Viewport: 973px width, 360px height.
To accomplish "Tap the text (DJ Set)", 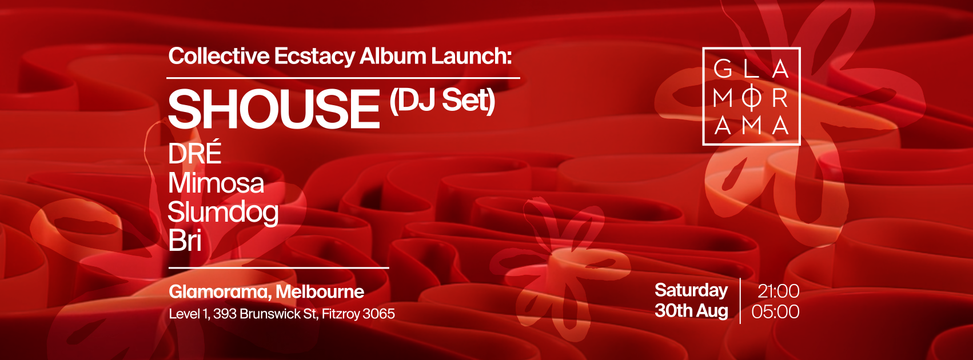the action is click(442, 101).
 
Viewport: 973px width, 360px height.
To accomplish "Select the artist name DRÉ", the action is click(194, 152).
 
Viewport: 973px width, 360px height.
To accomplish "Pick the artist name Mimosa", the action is click(216, 183).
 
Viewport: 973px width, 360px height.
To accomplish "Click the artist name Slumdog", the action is click(224, 213).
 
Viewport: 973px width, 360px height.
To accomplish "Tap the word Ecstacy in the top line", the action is click(314, 57).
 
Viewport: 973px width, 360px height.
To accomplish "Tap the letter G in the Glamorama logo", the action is click(723, 69).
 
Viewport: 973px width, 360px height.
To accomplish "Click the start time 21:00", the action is click(779, 291).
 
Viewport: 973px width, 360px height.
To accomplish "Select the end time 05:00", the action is click(775, 312).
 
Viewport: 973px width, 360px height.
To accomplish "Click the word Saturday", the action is click(691, 290).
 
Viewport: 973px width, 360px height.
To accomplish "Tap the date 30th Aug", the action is click(691, 311).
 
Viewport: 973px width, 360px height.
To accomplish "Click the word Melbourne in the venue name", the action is click(320, 292).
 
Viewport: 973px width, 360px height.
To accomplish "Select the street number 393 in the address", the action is click(225, 314).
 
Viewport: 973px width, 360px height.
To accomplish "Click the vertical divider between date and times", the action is click(740, 301).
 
